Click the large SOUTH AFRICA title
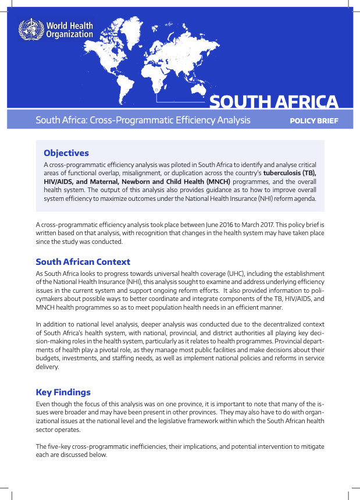(x=273, y=102)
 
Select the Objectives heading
(x=66, y=153)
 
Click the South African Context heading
(x=83, y=262)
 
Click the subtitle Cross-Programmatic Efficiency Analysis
(x=168, y=120)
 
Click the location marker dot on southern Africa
(x=156, y=91)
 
